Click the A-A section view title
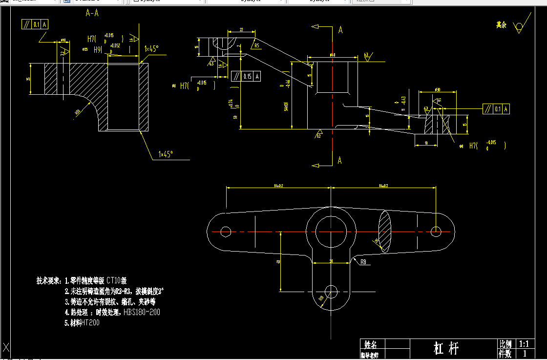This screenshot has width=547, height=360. click(x=92, y=13)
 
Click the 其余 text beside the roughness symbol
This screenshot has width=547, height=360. click(x=502, y=24)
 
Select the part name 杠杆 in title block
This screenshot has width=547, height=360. click(x=446, y=348)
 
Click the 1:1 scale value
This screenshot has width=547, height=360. click(x=525, y=344)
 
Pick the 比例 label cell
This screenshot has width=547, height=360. click(x=505, y=344)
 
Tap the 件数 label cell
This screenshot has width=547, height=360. click(x=505, y=353)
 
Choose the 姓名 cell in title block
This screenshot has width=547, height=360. click(x=371, y=344)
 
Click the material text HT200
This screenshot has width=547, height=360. click(x=90, y=323)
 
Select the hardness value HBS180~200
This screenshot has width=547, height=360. click(x=142, y=312)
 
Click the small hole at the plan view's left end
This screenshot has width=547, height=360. click(x=226, y=231)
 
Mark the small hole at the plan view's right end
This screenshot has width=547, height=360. click(x=437, y=231)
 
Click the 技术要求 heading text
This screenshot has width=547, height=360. click(x=49, y=281)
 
